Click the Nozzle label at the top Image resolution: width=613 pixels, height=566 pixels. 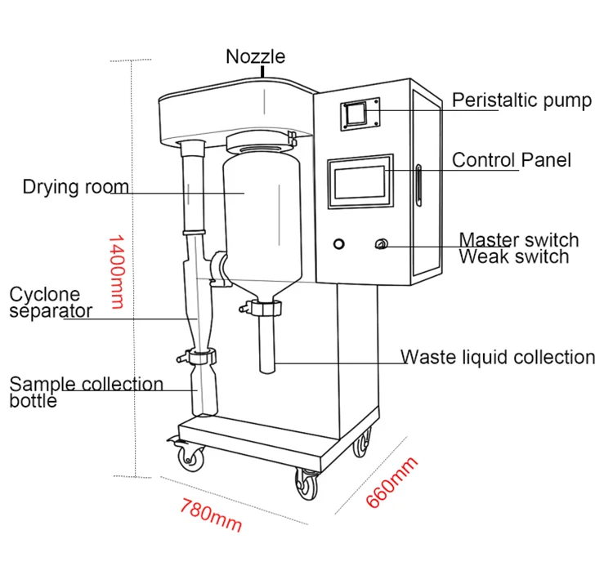click(256, 56)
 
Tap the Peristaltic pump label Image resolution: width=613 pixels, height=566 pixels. click(521, 100)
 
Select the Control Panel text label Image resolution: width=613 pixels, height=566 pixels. click(512, 159)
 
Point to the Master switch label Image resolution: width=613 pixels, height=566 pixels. click(518, 240)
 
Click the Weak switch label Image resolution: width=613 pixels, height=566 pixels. click(513, 256)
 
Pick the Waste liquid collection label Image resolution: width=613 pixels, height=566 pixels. click(498, 357)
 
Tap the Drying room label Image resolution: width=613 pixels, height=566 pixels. click(75, 187)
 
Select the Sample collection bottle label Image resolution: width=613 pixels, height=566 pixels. click(85, 391)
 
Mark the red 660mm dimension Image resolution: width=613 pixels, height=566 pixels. click(391, 482)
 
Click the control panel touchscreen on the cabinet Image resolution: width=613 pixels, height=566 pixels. click(357, 184)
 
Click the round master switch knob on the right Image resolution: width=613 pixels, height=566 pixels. click(380, 244)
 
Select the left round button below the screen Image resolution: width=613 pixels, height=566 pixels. click(339, 244)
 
